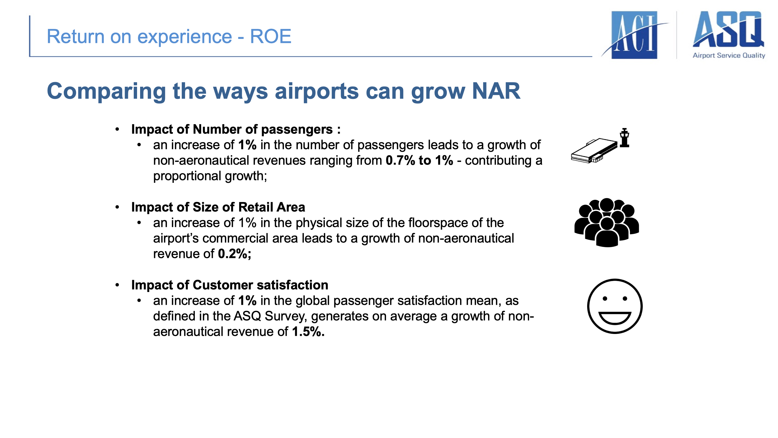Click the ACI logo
click(x=635, y=35)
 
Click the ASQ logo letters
click(x=728, y=29)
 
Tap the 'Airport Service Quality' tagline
click(x=729, y=55)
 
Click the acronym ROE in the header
click(x=270, y=36)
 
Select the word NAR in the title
click(x=496, y=91)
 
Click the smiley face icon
click(x=615, y=306)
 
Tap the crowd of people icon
click(x=607, y=222)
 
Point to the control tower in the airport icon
click(x=625, y=138)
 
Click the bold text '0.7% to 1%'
click(x=419, y=160)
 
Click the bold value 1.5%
click(x=308, y=332)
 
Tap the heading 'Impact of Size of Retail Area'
click(x=218, y=207)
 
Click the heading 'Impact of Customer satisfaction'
click(x=230, y=285)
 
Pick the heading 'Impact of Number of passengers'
click(x=232, y=130)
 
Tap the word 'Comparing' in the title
click(x=106, y=92)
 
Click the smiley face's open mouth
click(x=615, y=318)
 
